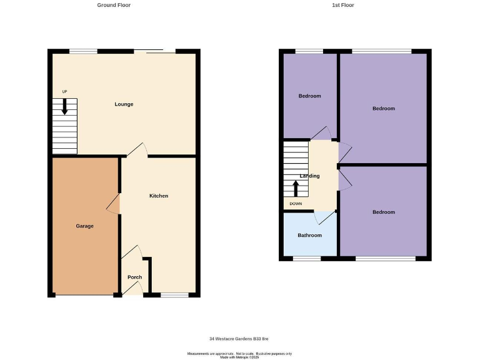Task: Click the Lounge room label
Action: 124,104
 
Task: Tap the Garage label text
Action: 85,226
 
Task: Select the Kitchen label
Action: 159,196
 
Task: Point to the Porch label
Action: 134,277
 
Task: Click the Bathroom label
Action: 309,236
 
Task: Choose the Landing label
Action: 309,176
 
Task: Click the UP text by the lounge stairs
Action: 64,92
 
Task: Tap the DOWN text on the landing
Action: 296,204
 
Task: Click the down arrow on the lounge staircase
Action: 64,107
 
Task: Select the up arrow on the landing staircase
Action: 296,187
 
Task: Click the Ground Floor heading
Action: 114,5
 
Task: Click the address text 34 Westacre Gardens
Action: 239,339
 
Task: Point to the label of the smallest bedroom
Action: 309,96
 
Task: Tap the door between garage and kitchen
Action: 114,204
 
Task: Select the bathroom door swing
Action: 324,217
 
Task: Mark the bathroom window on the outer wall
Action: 307,258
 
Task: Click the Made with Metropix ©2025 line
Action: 239,357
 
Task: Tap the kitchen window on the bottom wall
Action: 174,295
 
